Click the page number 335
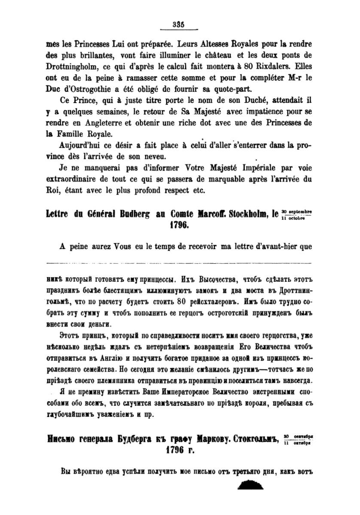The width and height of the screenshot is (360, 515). click(178, 25)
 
